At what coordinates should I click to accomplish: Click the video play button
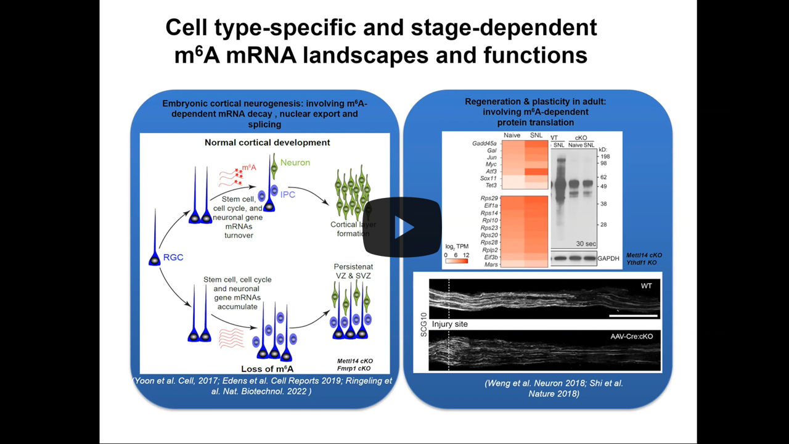pos(402,227)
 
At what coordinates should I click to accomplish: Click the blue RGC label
pos(173,258)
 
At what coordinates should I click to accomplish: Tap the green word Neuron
pos(295,162)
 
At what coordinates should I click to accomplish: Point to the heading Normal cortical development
pos(267,142)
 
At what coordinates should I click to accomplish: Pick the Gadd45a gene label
pos(484,143)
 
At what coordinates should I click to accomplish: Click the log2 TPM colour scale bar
pos(456,260)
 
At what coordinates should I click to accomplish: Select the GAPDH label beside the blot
pos(608,259)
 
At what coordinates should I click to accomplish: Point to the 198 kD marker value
pos(605,157)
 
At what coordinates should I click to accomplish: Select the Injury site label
pos(450,324)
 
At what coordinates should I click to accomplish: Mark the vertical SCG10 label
pos(421,324)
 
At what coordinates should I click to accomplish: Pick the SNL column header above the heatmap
pos(536,135)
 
